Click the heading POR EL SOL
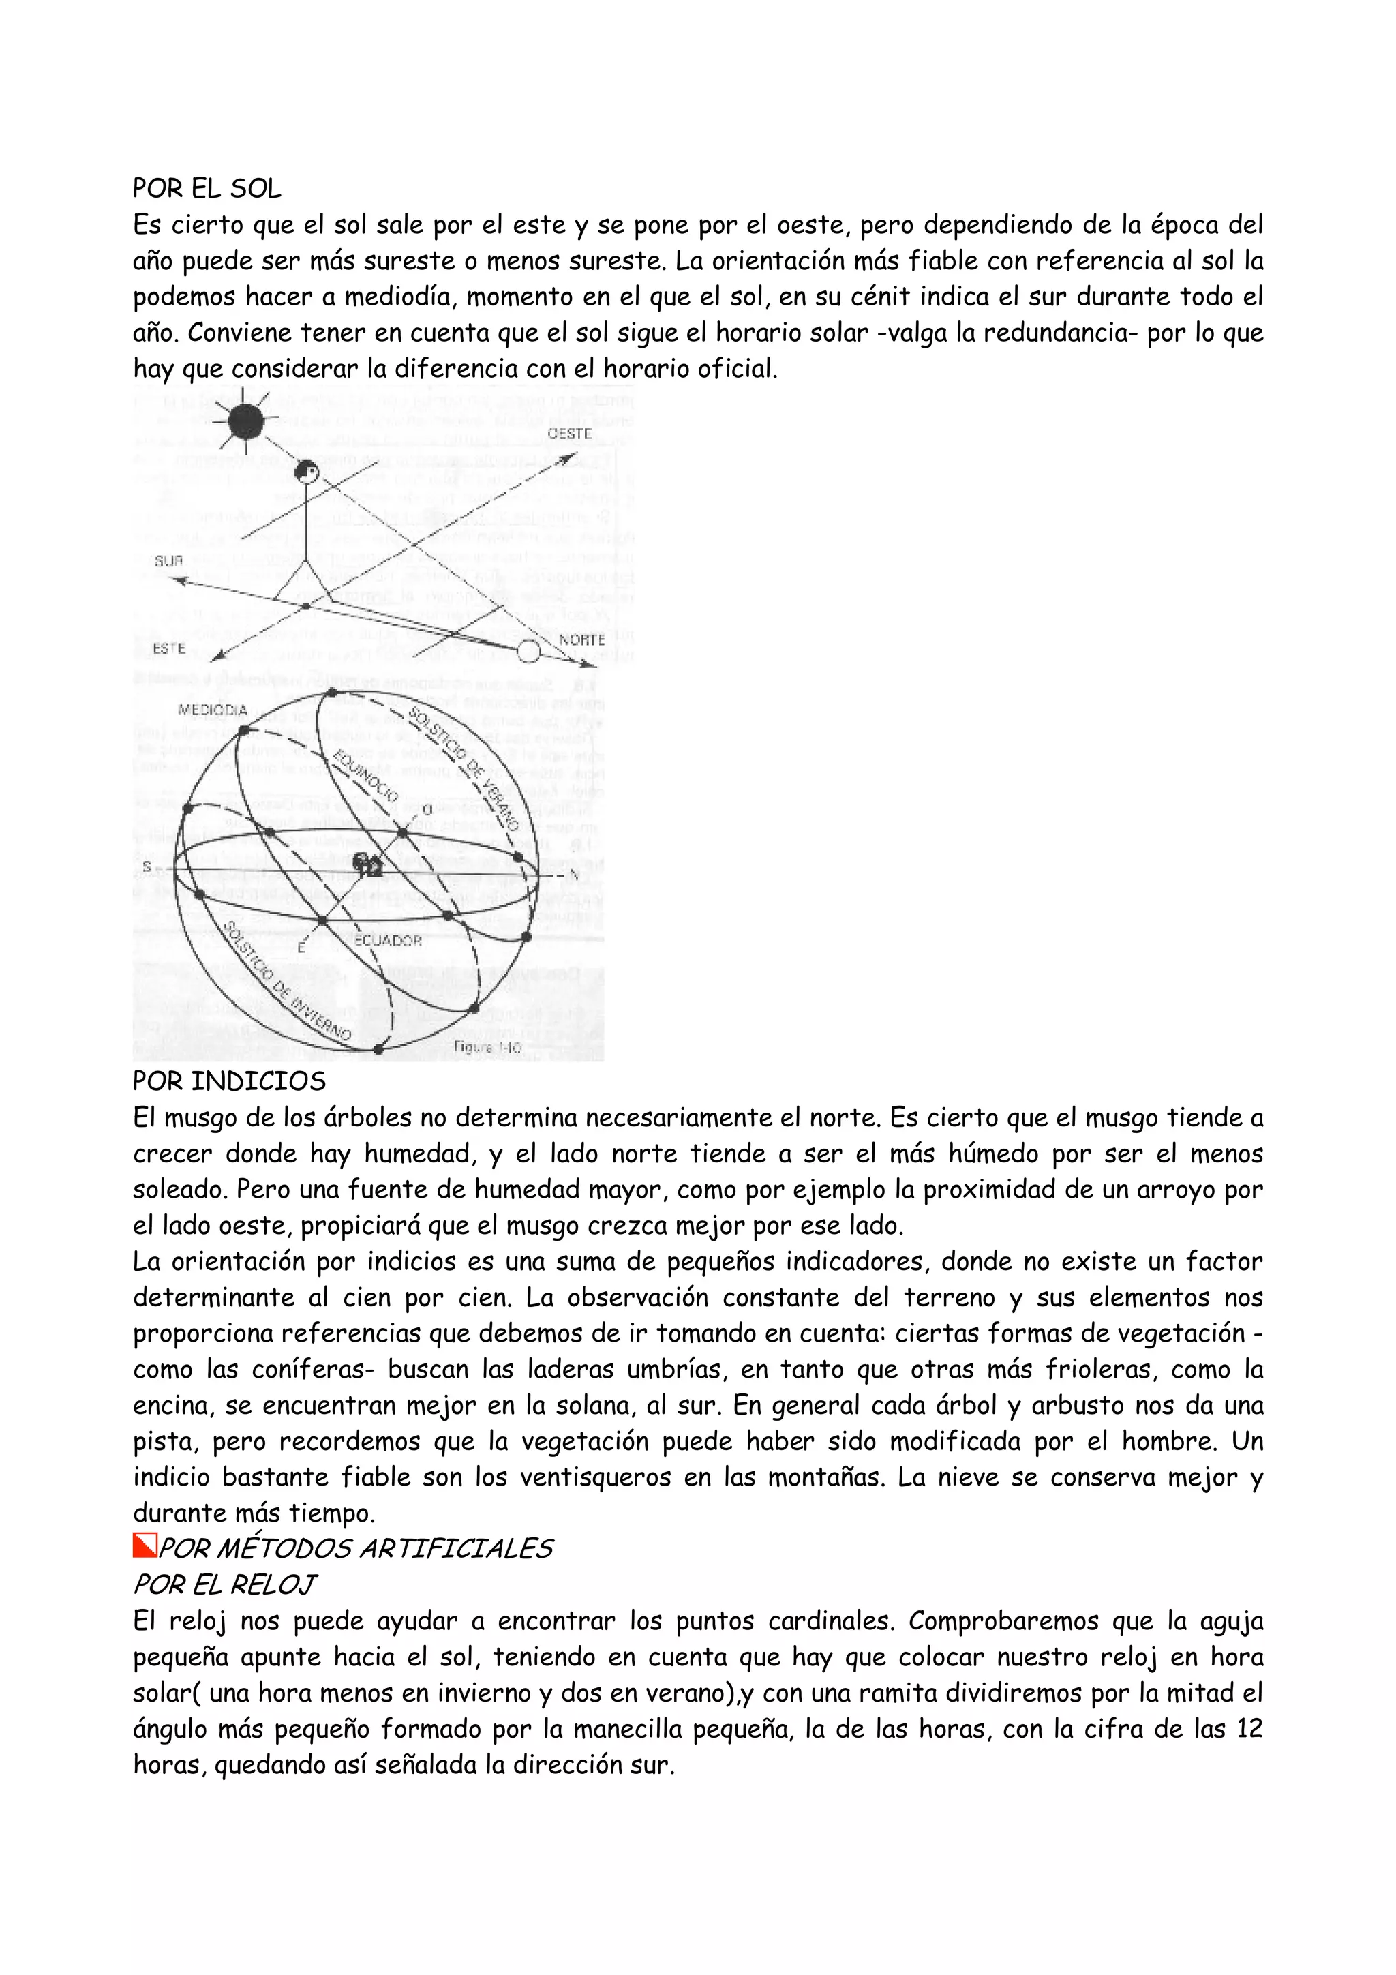tap(207, 187)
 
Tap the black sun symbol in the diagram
tap(246, 421)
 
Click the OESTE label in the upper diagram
tap(569, 434)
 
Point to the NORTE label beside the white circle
tap(582, 640)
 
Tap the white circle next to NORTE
tap(528, 651)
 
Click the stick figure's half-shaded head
tap(306, 472)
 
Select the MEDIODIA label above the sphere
tap(213, 710)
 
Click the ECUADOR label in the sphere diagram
tap(388, 940)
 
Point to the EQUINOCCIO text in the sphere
tap(365, 775)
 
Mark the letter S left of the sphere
tap(147, 865)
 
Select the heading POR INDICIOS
tap(229, 1081)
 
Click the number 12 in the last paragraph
tap(1248, 1728)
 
